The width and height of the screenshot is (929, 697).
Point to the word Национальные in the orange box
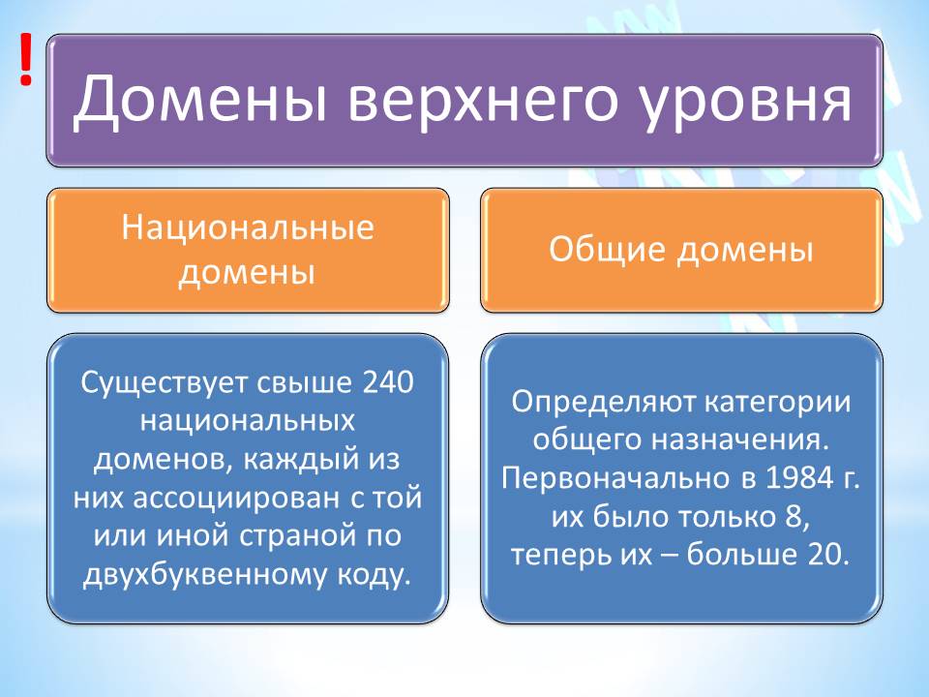[x=248, y=229]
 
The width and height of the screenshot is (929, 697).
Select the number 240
[x=387, y=382]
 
